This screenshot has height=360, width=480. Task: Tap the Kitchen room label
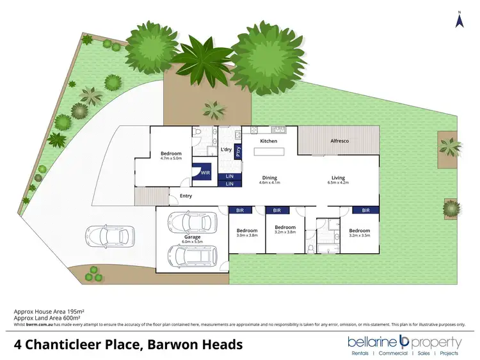point(268,141)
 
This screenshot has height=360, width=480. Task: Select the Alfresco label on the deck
point(339,141)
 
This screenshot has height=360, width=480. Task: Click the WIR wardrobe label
point(205,173)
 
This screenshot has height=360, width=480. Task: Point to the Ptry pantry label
point(238,152)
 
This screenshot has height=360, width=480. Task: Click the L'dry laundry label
point(226,150)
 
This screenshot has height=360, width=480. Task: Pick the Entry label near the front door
point(186,196)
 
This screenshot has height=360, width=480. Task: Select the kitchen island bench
point(268,152)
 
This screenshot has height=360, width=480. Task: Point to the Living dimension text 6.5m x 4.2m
point(338,183)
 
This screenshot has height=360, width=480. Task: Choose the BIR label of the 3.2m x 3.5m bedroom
point(365,210)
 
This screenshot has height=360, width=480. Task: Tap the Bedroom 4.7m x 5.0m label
point(171,155)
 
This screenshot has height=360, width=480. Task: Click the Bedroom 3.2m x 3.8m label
point(285,230)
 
